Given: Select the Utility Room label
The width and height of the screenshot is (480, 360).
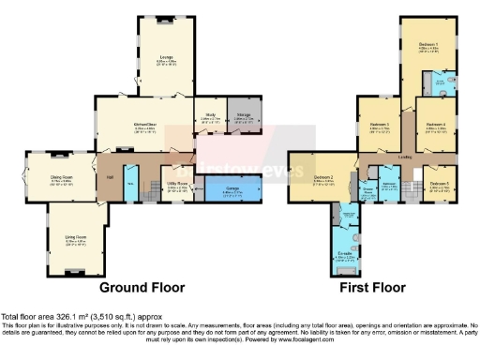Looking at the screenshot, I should click(179, 187).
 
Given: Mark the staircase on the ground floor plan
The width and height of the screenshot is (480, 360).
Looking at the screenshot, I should click(150, 192).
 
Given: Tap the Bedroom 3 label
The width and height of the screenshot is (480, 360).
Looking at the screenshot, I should click(379, 125).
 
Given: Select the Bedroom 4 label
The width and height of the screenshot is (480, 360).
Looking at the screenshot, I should click(433, 125).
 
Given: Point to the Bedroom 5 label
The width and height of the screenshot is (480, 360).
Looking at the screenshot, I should click(440, 185).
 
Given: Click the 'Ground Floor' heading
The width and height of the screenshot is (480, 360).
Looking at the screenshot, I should click(142, 287).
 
